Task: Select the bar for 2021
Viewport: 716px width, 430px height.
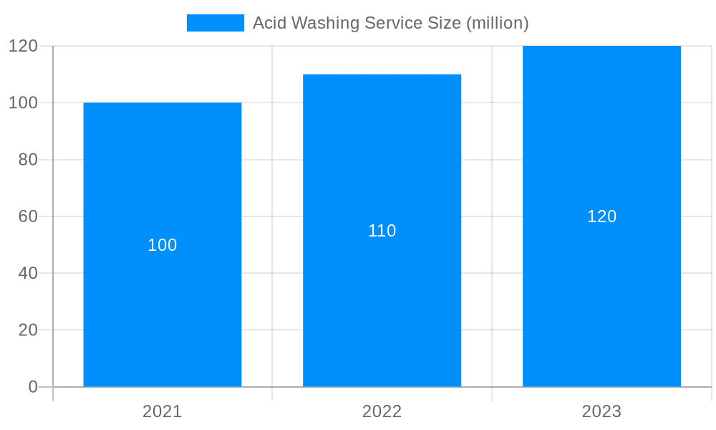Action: [x=163, y=315]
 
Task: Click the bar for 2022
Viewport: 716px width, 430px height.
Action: [x=382, y=301]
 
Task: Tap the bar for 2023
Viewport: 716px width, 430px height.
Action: [x=601, y=287]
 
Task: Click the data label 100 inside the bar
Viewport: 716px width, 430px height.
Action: [x=163, y=245]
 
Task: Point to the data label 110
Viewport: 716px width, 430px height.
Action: [x=382, y=231]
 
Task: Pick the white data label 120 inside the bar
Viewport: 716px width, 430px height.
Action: [x=601, y=216]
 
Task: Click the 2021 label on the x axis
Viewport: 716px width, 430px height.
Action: [x=163, y=411]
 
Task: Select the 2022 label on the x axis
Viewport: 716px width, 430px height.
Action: [x=382, y=411]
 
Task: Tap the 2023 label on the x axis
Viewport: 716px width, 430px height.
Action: [x=601, y=411]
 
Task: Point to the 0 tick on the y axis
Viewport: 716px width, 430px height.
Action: [x=33, y=387]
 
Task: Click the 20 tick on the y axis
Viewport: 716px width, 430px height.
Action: [x=28, y=330]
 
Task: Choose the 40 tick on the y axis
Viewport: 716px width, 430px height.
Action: [x=28, y=273]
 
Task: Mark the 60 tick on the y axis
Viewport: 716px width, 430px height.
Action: [x=28, y=216]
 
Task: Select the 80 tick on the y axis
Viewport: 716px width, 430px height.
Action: [x=28, y=160]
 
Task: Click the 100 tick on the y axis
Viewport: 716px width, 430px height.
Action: [x=23, y=102]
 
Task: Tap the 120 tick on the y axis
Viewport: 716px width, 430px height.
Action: [x=23, y=46]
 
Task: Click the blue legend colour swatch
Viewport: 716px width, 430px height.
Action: [x=215, y=23]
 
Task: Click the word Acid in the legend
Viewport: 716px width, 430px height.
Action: [x=268, y=23]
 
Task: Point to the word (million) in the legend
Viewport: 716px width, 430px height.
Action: [x=497, y=24]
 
